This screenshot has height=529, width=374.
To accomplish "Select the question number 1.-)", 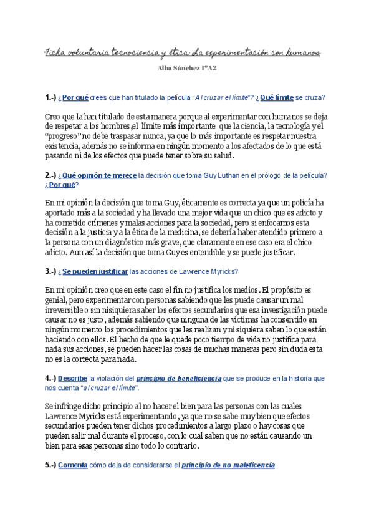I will click(x=50, y=98).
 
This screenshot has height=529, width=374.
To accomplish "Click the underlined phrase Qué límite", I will click(x=276, y=98).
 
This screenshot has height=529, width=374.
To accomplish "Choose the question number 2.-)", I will click(x=50, y=175).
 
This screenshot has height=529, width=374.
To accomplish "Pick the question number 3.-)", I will click(x=50, y=271).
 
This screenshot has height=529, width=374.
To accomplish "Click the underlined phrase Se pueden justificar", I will click(x=95, y=271).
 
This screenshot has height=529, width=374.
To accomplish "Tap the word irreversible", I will click(x=68, y=309).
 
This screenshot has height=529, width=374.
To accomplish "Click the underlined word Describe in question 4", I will click(x=72, y=378).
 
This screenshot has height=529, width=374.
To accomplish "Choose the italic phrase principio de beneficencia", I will click(x=179, y=378).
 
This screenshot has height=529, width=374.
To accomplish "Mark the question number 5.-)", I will click(x=50, y=465).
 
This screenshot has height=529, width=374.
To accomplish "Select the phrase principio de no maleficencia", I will click(x=228, y=465).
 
